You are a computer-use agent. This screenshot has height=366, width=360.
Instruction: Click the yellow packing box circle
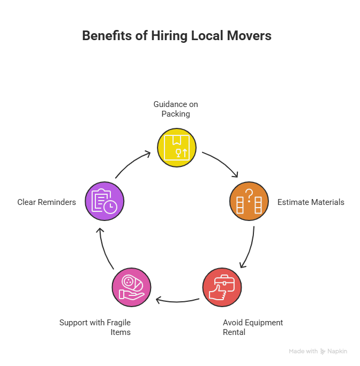pyautogui.click(x=176, y=147)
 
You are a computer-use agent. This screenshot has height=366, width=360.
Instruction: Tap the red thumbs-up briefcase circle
pyautogui.click(x=222, y=287)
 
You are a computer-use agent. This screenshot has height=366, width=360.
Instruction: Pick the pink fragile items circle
pyautogui.click(x=131, y=287)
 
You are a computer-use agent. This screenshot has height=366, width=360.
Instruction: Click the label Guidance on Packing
pyautogui.click(x=176, y=109)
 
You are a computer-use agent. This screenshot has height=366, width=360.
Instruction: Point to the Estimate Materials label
pyautogui.click(x=310, y=202)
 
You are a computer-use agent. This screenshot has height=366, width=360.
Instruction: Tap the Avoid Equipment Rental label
pyautogui.click(x=252, y=327)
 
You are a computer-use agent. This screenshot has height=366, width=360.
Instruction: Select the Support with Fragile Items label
pyautogui.click(x=95, y=327)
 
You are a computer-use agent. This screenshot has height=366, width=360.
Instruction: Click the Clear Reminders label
pyautogui.click(x=46, y=202)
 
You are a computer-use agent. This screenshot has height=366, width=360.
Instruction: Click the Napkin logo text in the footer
pyautogui.click(x=337, y=352)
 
